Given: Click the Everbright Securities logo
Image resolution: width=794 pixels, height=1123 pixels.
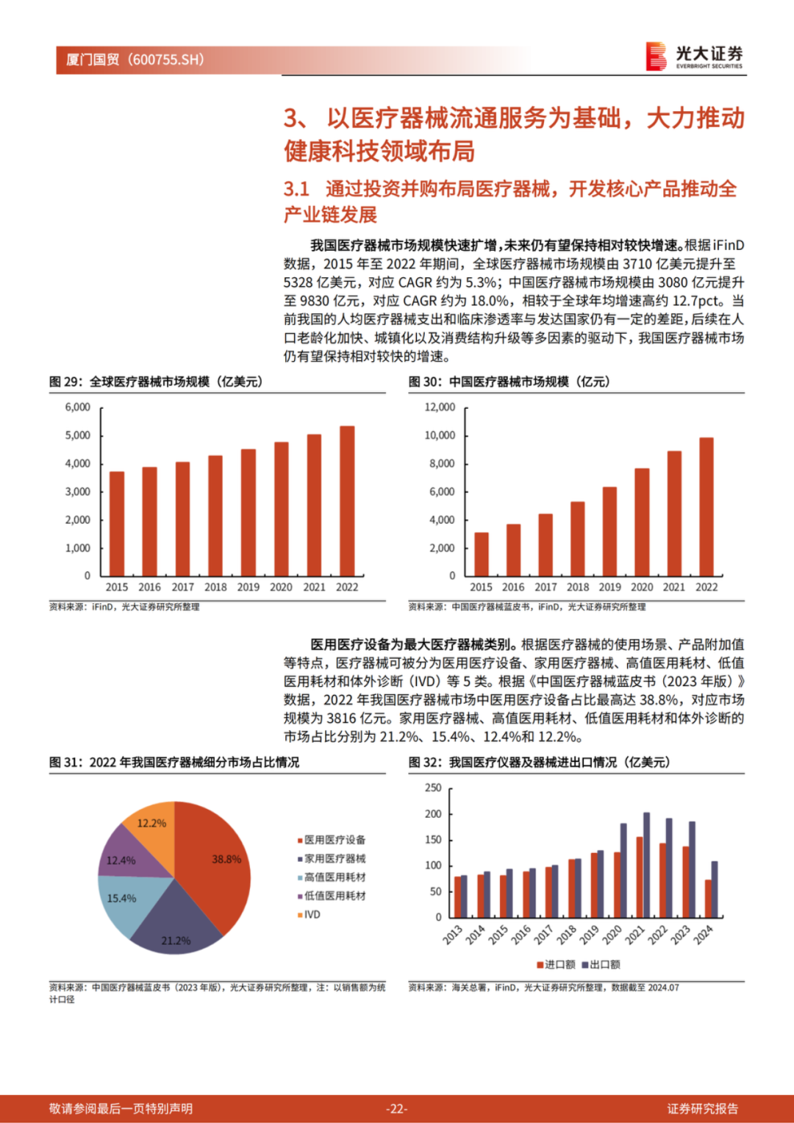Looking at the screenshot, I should (x=694, y=56).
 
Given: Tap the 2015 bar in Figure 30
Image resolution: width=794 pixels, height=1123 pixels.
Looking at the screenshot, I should (x=482, y=553).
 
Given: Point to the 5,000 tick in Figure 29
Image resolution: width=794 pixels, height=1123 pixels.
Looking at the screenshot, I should (x=78, y=435).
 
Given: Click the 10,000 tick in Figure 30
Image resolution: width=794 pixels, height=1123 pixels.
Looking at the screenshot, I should (x=440, y=435).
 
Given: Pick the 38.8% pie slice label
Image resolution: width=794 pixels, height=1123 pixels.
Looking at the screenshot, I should (x=226, y=859).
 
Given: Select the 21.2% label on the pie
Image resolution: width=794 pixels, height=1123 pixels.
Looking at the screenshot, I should (x=176, y=941).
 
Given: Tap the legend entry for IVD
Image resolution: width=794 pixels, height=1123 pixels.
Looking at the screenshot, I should (x=312, y=915).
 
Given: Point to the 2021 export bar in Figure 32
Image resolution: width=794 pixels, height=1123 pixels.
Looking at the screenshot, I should (x=646, y=864).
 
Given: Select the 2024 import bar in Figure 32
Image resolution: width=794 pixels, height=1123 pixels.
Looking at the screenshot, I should (x=708, y=898).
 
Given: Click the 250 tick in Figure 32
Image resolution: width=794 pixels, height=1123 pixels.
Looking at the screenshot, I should (x=433, y=788).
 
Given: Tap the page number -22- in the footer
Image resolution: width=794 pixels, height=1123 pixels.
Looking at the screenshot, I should (x=397, y=1108).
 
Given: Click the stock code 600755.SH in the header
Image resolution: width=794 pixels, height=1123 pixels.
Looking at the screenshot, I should (x=165, y=60).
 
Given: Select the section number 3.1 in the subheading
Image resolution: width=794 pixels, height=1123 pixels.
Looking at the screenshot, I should (x=296, y=189).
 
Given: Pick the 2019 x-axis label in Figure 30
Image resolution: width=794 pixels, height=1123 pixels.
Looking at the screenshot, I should (x=609, y=587).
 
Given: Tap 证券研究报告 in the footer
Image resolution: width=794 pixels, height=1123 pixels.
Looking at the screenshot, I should (x=702, y=1108).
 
